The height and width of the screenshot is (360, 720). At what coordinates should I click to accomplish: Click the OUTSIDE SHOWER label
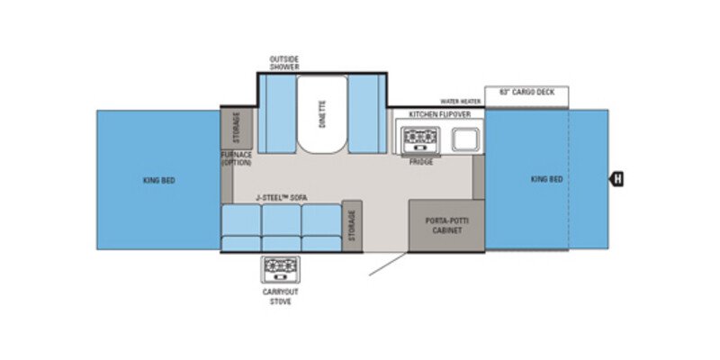click(283, 62)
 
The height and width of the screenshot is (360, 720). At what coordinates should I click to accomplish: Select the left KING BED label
click(158, 180)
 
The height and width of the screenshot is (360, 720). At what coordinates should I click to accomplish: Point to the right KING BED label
click(546, 179)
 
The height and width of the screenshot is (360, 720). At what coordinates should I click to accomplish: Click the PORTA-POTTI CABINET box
click(445, 225)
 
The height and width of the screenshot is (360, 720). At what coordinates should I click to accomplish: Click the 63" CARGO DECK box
click(526, 92)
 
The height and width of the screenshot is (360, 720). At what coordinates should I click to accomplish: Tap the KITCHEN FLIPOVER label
click(439, 114)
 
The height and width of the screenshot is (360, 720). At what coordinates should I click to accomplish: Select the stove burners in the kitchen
click(418, 139)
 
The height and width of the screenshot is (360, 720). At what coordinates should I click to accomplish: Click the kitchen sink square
click(464, 139)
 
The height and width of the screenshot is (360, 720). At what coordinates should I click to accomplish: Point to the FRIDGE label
click(420, 161)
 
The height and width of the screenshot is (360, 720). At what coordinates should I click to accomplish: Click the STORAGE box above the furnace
click(237, 128)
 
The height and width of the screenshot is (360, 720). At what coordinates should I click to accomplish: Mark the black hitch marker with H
click(617, 179)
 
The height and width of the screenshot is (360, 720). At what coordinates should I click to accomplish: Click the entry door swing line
click(385, 264)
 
